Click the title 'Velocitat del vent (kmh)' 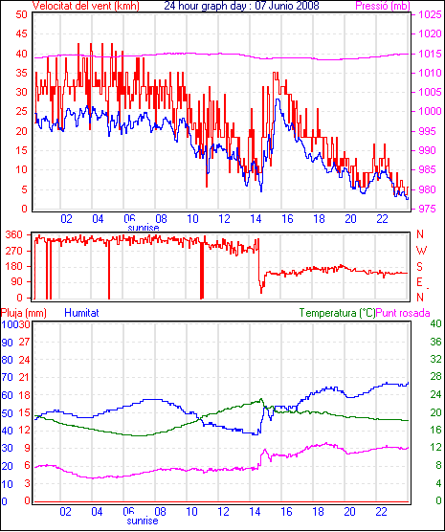tap(86, 6)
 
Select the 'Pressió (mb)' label tap(383, 6)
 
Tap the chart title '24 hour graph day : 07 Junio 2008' tap(242, 6)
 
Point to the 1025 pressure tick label tap(430, 14)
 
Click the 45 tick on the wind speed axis tap(21, 33)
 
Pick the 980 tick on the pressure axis tap(430, 189)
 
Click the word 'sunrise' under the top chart tap(144, 228)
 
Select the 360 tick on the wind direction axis tap(14, 234)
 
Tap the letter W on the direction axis tap(421, 251)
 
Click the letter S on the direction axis tap(420, 267)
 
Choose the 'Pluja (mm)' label tap(23, 313)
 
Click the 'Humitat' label tap(81, 313)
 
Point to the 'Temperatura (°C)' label tap(338, 313)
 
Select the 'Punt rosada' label tap(403, 313)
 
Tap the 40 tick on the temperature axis tap(435, 323)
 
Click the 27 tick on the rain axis tap(24, 342)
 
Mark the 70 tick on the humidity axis tap(7, 377)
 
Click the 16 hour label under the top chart tap(287, 219)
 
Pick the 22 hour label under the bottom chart tap(382, 511)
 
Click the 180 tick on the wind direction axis tap(14, 266)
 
